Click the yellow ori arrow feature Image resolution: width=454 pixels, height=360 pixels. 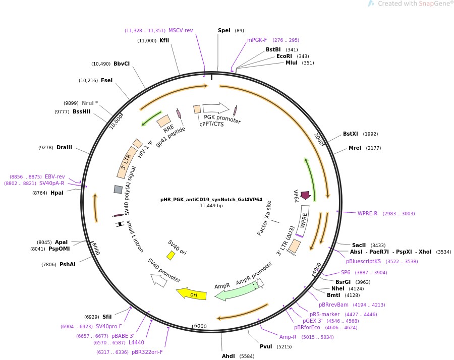point(191,294)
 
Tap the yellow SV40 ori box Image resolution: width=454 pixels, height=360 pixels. point(171,256)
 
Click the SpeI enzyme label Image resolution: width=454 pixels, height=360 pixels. point(224,30)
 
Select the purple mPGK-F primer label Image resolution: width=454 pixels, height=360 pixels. point(257,40)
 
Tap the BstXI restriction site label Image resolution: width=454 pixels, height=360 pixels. point(350,134)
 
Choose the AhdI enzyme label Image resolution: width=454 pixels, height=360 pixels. point(229,356)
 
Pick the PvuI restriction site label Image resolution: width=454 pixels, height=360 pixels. point(266,346)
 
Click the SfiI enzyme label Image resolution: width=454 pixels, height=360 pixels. point(107,317)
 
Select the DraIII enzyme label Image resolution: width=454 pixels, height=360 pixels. point(64,147)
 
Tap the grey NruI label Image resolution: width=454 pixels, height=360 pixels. point(88,103)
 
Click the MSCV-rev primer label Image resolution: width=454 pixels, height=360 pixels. point(181,30)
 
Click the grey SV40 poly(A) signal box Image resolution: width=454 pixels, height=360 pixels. point(118,189)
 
